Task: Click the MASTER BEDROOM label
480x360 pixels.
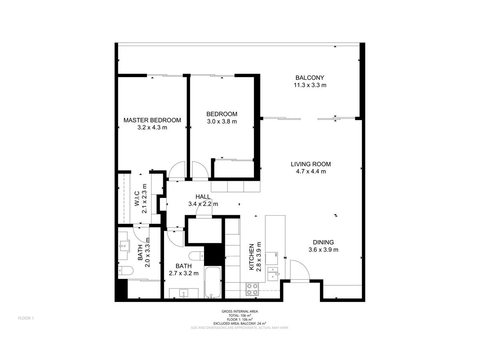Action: [152, 120]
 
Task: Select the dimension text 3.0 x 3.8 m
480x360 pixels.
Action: [222, 122]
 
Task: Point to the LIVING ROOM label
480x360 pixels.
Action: [311, 164]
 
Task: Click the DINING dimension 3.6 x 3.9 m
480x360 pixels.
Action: [323, 250]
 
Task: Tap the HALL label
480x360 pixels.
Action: [203, 196]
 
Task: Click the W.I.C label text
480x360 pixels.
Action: [137, 198]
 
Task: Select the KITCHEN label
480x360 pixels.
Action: [252, 257]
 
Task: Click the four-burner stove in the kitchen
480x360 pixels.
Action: [252, 289]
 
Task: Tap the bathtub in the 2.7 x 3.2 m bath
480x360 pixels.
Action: [212, 282]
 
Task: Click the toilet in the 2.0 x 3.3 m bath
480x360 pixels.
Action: [125, 271]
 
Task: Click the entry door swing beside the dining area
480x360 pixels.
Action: [300, 271]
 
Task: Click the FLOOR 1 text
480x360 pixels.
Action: [26, 318]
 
